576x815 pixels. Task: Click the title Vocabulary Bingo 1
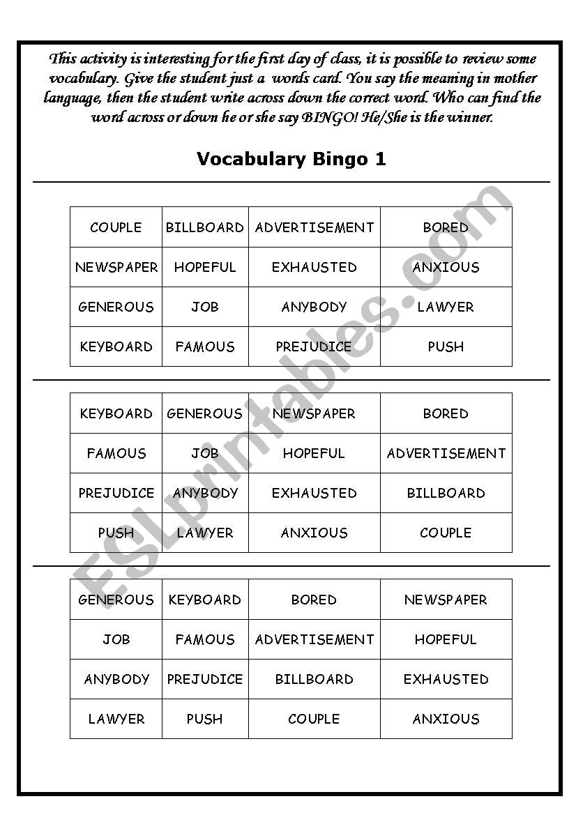pos(291,159)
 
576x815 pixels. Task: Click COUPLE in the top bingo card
pos(116,227)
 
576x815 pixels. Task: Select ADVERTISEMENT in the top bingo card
pos(314,227)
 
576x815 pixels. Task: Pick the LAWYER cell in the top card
pos(446,307)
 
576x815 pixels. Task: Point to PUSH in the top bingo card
pos(446,346)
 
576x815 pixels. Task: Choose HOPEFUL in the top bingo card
pos(205,267)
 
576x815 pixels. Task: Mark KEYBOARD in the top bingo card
pos(116,346)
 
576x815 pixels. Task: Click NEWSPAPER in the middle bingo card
pos(314,413)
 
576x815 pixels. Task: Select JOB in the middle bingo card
pos(205,453)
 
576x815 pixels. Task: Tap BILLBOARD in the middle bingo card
pos(446,493)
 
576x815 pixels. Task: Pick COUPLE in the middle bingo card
pos(446,533)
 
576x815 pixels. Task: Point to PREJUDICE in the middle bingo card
pos(116,493)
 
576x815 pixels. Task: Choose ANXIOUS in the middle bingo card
pos(314,533)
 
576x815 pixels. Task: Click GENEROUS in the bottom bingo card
pos(116,600)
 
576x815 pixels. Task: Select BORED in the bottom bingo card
pos(314,600)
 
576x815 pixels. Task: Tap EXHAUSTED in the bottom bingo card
pos(446,679)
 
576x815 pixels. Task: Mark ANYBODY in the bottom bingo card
pos(116,679)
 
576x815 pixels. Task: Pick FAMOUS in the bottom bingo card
pos(205,639)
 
